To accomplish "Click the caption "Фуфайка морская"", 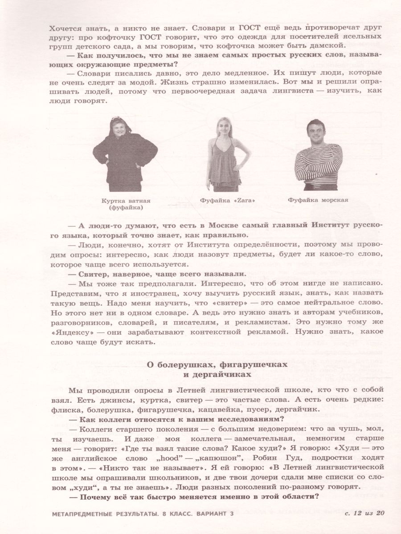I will click(x=318, y=200).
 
